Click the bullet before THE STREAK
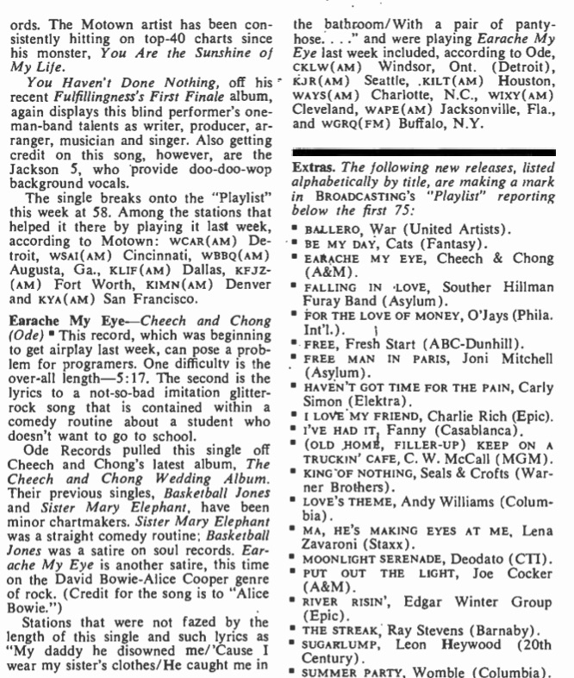[295, 632]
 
